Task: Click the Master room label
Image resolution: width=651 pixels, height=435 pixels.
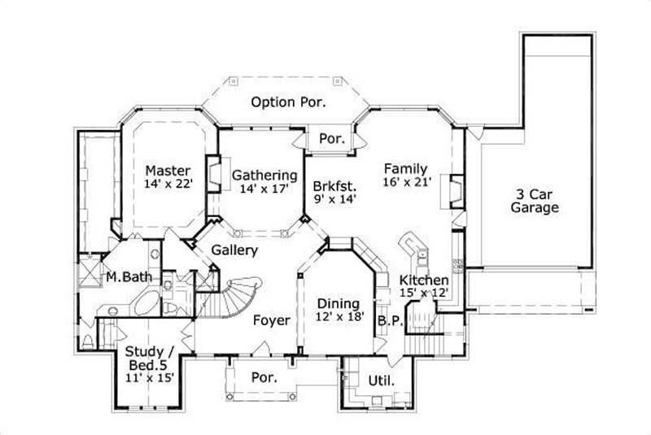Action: [x=168, y=171]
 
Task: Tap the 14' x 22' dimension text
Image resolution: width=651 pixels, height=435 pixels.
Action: [x=168, y=185]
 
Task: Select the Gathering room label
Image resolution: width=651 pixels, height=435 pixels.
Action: [x=264, y=175]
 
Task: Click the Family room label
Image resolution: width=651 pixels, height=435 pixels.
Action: [x=405, y=168]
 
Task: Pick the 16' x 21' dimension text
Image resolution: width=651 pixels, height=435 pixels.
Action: [x=405, y=182]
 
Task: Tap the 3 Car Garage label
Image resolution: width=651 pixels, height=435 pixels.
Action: [x=534, y=201]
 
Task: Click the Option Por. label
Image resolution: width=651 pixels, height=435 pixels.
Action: [x=288, y=102]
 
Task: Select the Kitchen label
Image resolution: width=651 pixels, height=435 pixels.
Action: [x=423, y=281]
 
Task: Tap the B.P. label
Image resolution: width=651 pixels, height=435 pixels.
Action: [x=390, y=321]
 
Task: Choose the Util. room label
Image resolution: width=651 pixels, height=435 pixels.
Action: [x=382, y=381]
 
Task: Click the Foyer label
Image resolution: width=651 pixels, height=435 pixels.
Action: [x=271, y=320]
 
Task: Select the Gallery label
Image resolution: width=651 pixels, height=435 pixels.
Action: [x=235, y=250]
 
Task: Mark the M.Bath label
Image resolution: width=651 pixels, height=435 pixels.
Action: [x=129, y=277]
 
